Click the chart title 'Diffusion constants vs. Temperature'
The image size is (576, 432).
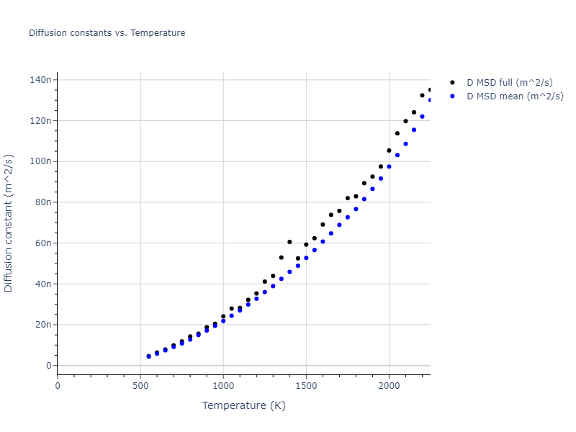click(x=107, y=33)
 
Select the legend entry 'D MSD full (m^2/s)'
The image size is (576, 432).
click(x=515, y=83)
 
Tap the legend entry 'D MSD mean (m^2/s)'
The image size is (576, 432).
click(x=515, y=96)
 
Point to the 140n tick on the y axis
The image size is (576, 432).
click(x=40, y=79)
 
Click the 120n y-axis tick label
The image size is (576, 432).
click(x=40, y=120)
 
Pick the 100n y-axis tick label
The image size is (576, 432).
click(x=40, y=161)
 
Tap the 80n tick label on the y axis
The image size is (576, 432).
click(x=42, y=202)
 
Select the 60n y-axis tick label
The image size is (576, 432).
click(x=42, y=243)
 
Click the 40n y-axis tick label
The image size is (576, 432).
click(x=42, y=284)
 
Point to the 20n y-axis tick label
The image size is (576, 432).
click(x=42, y=325)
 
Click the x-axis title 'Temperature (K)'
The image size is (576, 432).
click(x=243, y=406)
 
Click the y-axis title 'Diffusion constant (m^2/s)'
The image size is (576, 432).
click(x=9, y=222)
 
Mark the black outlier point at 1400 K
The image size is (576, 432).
click(x=289, y=242)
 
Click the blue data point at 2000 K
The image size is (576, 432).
click(x=389, y=166)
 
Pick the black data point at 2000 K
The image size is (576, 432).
click(x=389, y=150)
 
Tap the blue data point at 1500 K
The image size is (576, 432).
click(x=306, y=258)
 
